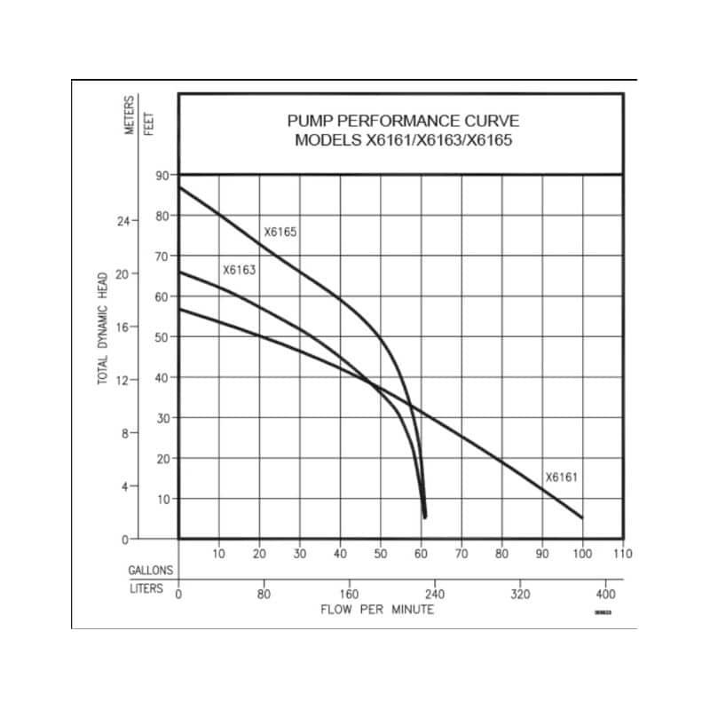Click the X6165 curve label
click(x=280, y=233)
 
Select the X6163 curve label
click(x=239, y=269)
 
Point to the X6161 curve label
click(x=562, y=477)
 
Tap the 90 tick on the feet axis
click(x=162, y=175)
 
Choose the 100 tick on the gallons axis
click(x=582, y=554)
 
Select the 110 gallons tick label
click(x=621, y=554)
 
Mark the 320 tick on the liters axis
click(x=520, y=594)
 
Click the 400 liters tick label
click(x=604, y=594)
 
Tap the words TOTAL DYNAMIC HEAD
click(x=103, y=327)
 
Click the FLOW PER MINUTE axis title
click(x=377, y=611)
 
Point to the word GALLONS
click(x=151, y=571)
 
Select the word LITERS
click(x=146, y=589)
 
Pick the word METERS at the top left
click(x=130, y=115)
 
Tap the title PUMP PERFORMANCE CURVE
click(x=403, y=121)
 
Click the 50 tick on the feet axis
click(x=162, y=337)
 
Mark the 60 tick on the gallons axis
click(x=421, y=554)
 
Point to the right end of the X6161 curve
click(x=582, y=517)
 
